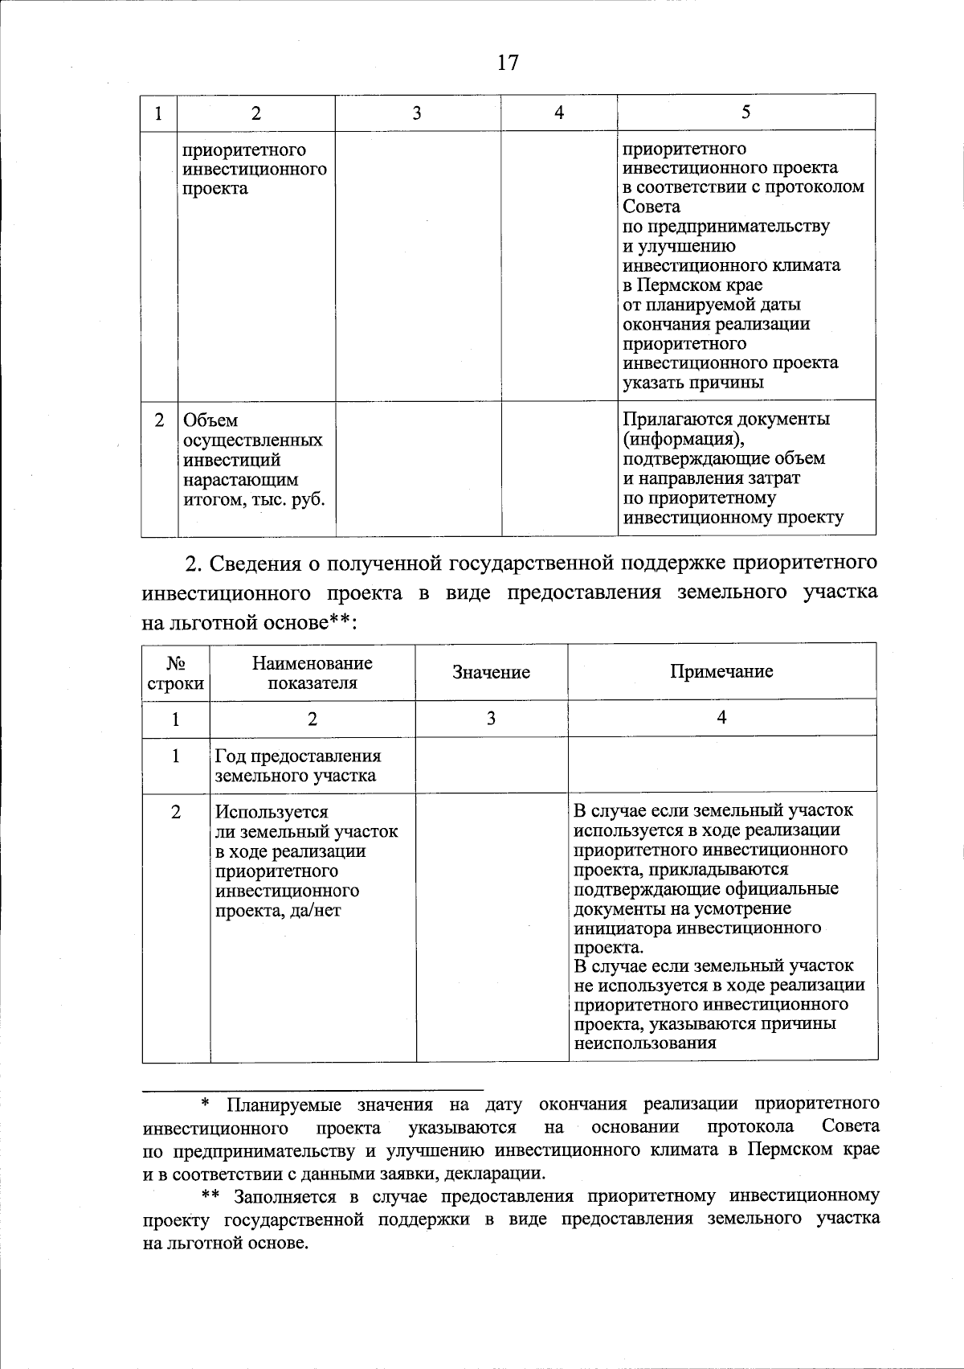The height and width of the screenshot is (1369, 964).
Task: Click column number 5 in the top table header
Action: (746, 113)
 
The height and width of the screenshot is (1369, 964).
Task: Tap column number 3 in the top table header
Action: (417, 113)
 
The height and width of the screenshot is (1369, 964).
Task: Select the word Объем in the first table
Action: (210, 421)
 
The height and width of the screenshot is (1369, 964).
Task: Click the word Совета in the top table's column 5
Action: (652, 207)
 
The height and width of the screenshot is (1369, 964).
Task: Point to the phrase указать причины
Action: (692, 383)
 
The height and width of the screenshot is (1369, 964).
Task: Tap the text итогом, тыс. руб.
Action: (254, 499)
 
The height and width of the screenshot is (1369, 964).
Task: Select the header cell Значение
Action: (491, 673)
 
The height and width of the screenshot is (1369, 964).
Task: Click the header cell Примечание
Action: (721, 672)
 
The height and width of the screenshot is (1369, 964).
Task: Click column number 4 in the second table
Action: (721, 718)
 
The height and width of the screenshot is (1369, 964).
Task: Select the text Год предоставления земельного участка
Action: (297, 766)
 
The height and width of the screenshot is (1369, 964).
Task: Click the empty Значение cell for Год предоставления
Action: (491, 765)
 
